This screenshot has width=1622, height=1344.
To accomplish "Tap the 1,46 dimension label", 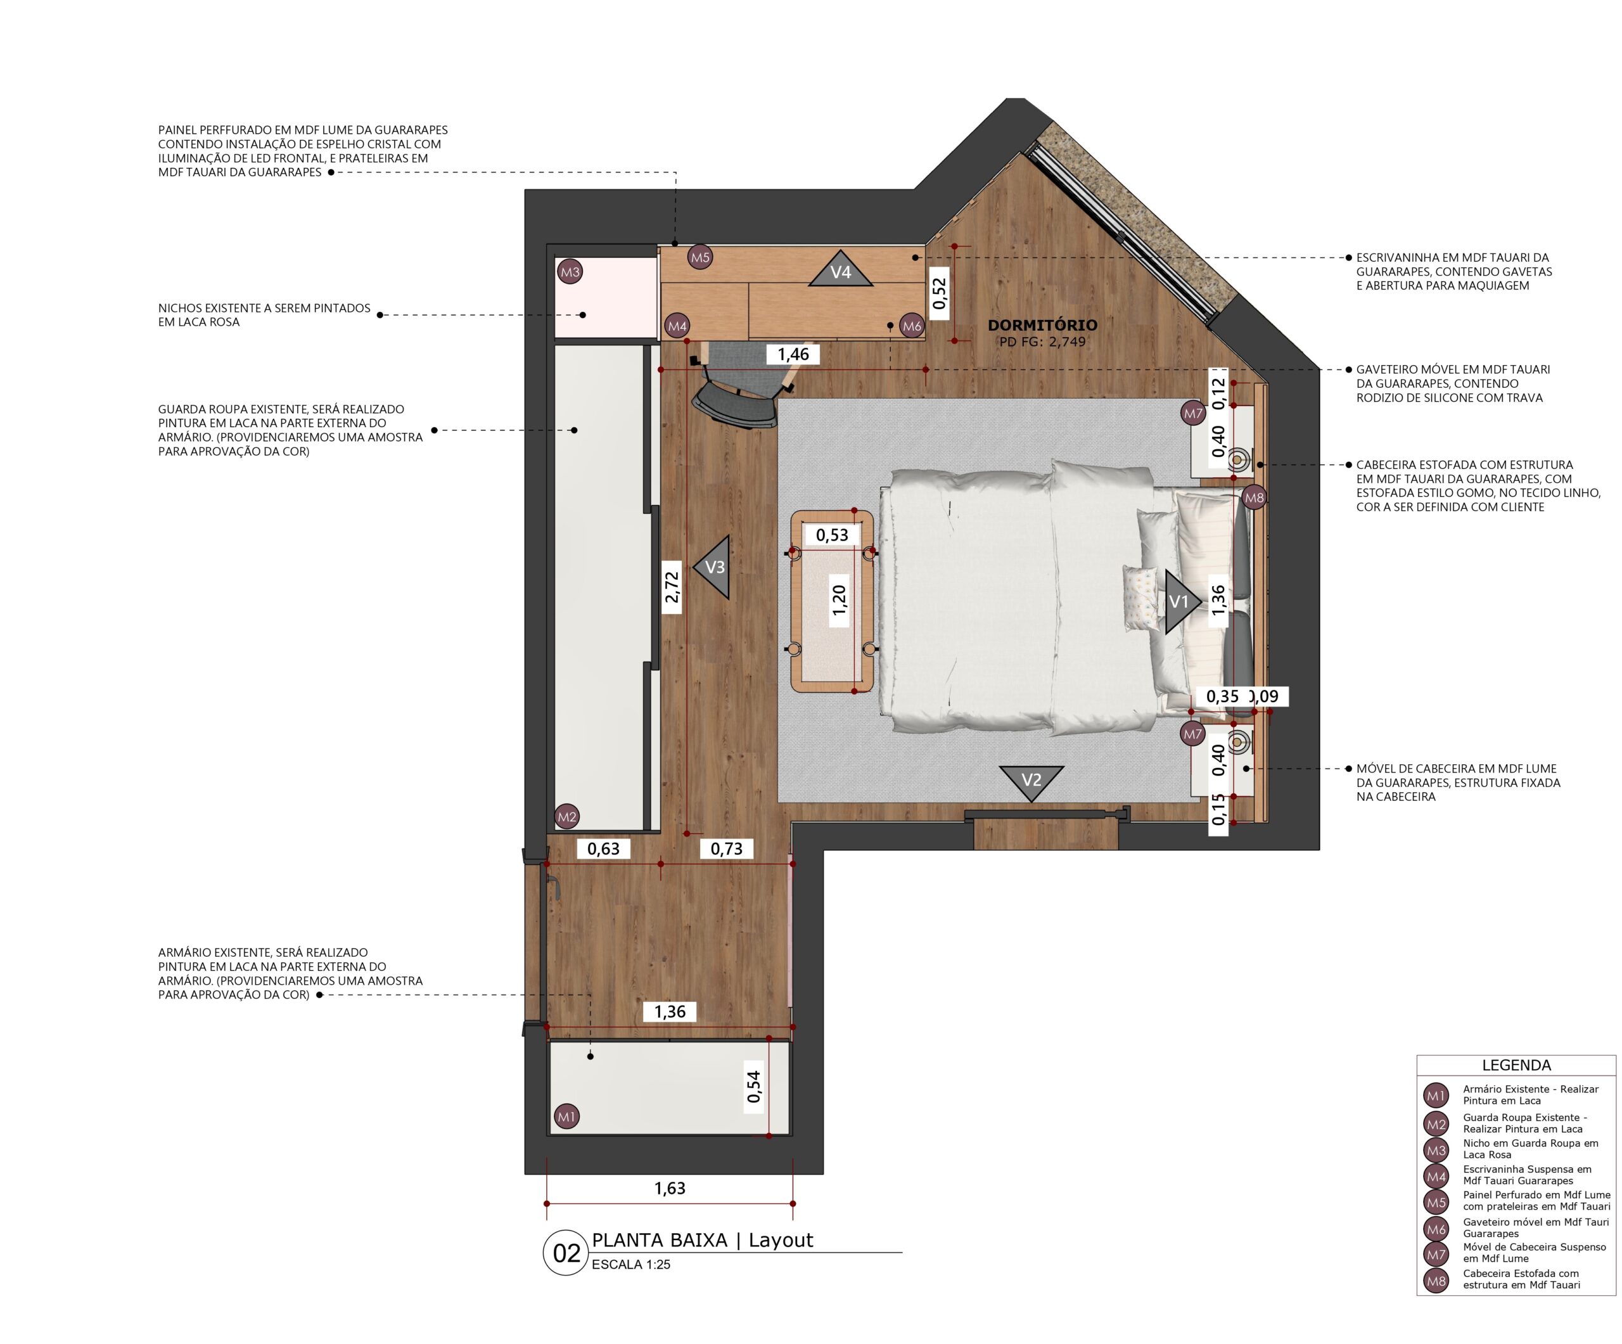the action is [793, 355].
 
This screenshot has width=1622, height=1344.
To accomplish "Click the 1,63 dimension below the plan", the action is [670, 1188].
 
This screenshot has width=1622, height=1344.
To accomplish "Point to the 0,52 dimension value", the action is [939, 293].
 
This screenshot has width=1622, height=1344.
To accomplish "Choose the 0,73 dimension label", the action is [726, 849].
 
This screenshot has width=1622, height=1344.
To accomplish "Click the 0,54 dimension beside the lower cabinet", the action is [754, 1087].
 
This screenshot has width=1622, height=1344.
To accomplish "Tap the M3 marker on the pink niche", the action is [569, 272].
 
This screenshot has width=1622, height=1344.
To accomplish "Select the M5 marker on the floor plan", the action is [699, 258].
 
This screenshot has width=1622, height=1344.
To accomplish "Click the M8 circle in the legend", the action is [1436, 1281].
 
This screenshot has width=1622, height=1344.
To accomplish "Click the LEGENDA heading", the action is [1516, 1065].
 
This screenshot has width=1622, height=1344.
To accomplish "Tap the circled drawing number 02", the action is [566, 1253].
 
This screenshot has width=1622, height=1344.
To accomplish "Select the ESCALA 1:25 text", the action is [631, 1264].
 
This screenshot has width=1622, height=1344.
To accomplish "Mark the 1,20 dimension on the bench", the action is [839, 600].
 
